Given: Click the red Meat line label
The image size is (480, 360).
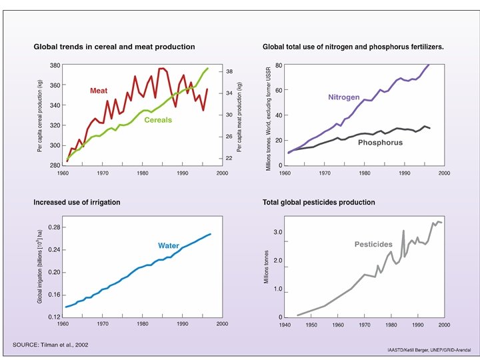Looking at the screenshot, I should [x=99, y=91].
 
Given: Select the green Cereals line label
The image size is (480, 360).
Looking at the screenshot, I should [x=157, y=120].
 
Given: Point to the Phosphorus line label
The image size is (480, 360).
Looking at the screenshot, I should [x=380, y=142].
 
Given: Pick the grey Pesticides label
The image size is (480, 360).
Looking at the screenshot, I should [x=373, y=245].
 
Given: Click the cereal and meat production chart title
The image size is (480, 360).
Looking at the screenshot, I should [x=114, y=47].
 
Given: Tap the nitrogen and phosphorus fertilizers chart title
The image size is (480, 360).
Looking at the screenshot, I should [x=353, y=47].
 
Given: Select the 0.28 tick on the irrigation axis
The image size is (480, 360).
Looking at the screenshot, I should [x=53, y=227].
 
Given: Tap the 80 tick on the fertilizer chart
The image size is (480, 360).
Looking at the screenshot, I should [x=279, y=65].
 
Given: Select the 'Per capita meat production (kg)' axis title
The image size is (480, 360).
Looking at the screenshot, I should [x=239, y=114].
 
